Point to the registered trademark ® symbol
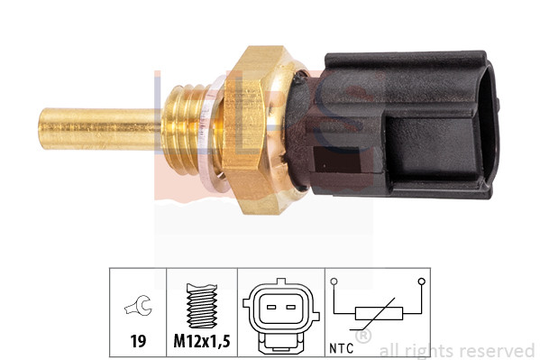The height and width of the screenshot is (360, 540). coord(362,337)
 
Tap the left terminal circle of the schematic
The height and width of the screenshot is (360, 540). coord(335,282)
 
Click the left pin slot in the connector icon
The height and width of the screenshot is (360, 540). coord(270,308)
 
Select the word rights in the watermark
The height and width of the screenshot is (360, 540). coord(429,350)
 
